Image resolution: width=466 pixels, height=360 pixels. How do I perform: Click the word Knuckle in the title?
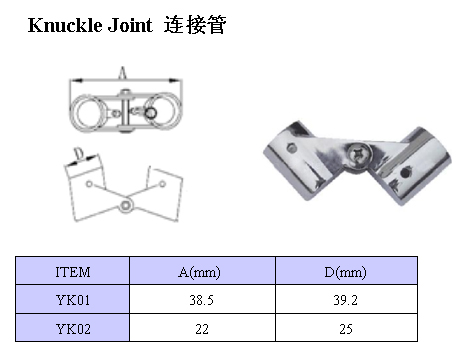click(65, 25)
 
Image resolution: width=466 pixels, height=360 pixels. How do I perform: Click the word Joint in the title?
click(130, 25)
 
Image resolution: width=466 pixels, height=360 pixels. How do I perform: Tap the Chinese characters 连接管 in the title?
click(195, 25)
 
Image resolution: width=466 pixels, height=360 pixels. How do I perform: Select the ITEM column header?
click(73, 272)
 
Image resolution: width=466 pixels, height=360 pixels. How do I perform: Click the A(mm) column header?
click(199, 272)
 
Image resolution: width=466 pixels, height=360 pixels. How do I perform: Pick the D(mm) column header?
click(345, 272)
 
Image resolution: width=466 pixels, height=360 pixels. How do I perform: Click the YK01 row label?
click(73, 300)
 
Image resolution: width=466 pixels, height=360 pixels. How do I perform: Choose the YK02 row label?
click(73, 329)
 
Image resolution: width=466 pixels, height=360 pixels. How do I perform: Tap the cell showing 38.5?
click(201, 300)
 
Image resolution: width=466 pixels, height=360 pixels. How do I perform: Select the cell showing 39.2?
click(345, 300)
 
